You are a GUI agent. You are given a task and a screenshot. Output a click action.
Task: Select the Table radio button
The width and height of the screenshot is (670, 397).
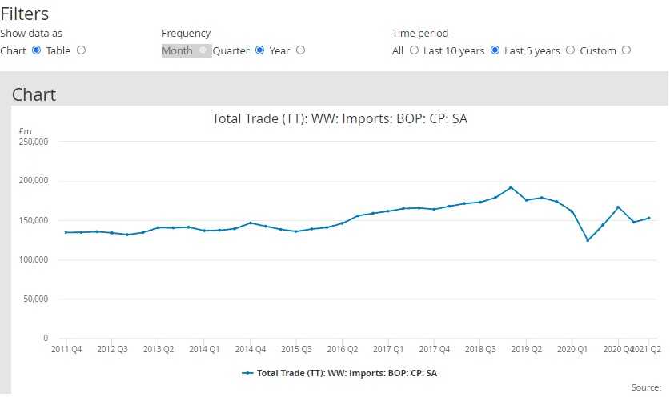point(81,50)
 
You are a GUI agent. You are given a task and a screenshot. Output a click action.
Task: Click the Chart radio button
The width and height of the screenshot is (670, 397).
point(36,50)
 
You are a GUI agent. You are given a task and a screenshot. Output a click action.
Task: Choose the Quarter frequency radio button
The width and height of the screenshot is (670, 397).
point(259,50)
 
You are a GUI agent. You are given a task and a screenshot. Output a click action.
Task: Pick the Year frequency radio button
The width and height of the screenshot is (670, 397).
point(300,50)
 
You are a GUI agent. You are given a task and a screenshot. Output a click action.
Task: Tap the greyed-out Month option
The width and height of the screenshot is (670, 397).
point(178,50)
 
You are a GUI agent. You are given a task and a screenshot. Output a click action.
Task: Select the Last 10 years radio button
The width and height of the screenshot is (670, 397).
point(495,50)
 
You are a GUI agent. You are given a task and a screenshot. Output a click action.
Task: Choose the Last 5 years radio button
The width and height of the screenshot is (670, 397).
point(570,50)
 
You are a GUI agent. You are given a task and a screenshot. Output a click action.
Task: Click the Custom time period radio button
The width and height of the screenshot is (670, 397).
point(626,50)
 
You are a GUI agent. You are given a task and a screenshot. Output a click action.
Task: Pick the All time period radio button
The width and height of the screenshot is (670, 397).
point(414,50)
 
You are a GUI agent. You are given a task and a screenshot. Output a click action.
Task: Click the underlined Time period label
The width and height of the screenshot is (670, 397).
point(419,34)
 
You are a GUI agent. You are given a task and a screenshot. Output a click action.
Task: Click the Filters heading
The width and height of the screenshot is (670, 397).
point(25,14)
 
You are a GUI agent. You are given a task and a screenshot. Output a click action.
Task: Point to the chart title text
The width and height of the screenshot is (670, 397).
point(339,118)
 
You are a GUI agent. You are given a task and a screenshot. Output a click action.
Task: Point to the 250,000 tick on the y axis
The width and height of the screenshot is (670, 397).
point(34,142)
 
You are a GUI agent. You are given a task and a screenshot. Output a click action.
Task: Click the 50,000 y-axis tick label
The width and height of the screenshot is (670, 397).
point(35,299)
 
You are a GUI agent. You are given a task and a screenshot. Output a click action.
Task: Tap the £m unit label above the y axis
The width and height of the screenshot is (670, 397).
point(24,131)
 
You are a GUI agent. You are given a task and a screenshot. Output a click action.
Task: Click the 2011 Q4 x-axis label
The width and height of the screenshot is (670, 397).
point(66,350)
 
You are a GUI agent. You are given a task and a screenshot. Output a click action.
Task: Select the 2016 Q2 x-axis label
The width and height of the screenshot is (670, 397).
point(342,350)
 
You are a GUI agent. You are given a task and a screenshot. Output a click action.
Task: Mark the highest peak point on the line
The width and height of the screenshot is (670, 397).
point(511,187)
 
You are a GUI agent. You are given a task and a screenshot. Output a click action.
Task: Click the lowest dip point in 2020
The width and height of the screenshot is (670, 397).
point(588,240)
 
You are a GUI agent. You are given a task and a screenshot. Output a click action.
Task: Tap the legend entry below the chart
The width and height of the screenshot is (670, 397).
point(339,373)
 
